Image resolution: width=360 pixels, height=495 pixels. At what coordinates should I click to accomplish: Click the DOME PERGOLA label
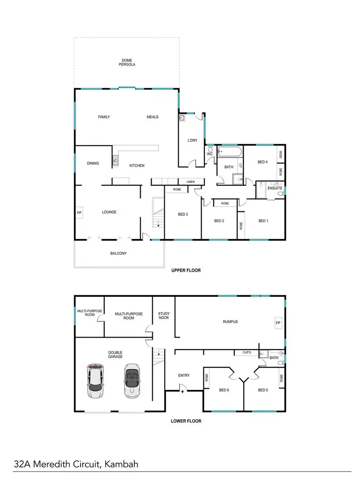coord(127,62)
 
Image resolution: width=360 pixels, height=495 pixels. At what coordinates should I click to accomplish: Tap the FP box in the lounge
coord(79,212)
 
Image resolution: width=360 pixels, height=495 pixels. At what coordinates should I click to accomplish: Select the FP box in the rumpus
coord(277,323)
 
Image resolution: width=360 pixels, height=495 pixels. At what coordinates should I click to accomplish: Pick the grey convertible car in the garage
coord(132,380)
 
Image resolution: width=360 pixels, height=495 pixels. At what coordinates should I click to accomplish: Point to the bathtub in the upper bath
coord(231,153)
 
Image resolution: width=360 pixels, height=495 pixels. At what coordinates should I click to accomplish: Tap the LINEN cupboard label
coord(191,182)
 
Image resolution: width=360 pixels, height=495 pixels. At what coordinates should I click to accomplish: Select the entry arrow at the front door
coord(183,391)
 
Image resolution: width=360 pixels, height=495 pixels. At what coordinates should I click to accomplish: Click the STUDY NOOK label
coord(164,317)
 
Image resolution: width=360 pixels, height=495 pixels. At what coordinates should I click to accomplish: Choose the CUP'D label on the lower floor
coord(247,352)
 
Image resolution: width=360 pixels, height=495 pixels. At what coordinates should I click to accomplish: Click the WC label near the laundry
coord(210,154)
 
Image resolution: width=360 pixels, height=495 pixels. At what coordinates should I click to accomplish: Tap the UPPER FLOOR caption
coord(186,270)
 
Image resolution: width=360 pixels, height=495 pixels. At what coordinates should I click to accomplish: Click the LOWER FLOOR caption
coord(186,421)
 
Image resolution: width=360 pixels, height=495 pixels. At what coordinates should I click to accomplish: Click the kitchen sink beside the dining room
coord(115,161)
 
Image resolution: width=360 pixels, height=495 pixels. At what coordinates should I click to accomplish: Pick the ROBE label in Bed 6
coord(207,378)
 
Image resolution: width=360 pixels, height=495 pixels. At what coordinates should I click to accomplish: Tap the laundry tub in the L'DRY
coord(182,118)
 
